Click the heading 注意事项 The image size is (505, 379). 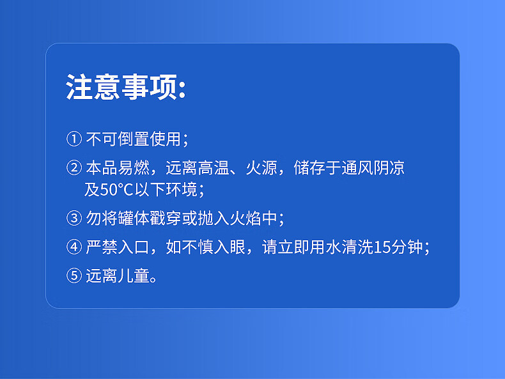(121, 87)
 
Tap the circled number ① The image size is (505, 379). (74, 139)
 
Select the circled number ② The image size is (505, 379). (74, 167)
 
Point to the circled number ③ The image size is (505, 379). (74, 218)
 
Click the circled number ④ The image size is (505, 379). (74, 247)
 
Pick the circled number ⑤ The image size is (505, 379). (74, 275)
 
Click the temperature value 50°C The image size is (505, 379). (116, 189)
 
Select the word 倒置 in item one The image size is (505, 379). (134, 139)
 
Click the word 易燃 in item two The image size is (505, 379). (134, 167)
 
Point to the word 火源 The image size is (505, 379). (261, 167)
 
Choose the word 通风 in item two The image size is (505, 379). (357, 167)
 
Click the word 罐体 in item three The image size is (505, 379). (134, 218)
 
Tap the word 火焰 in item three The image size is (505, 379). (245, 218)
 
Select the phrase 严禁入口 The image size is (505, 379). (118, 247)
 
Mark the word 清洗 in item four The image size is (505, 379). (357, 247)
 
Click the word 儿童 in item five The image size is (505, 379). (134, 275)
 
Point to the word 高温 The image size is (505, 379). (214, 167)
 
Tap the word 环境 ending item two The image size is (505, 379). (182, 189)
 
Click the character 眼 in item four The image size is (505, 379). (238, 247)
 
